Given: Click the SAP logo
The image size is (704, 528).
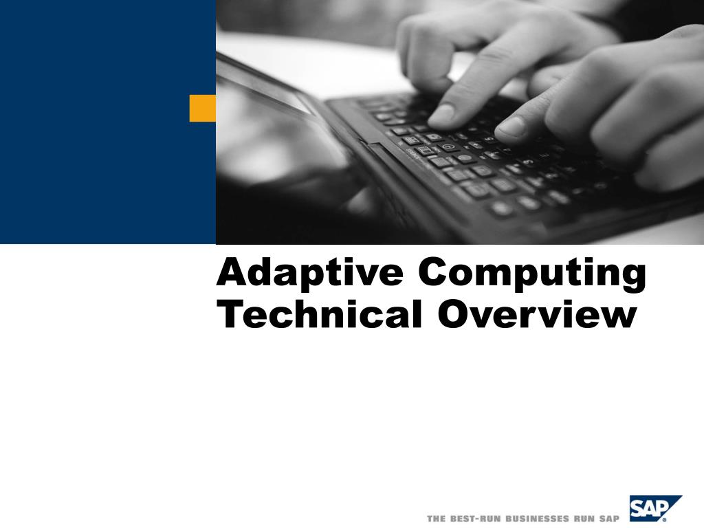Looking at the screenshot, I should pos(655,509).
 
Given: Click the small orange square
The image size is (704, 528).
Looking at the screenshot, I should pos(202,109).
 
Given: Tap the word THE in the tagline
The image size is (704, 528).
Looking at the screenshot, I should pos(436,518).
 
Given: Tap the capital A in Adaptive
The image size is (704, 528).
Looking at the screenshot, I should pos(230,272).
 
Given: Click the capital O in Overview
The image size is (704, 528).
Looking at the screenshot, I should pos(453,314).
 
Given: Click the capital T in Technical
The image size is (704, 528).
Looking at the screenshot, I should pos(229,314).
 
